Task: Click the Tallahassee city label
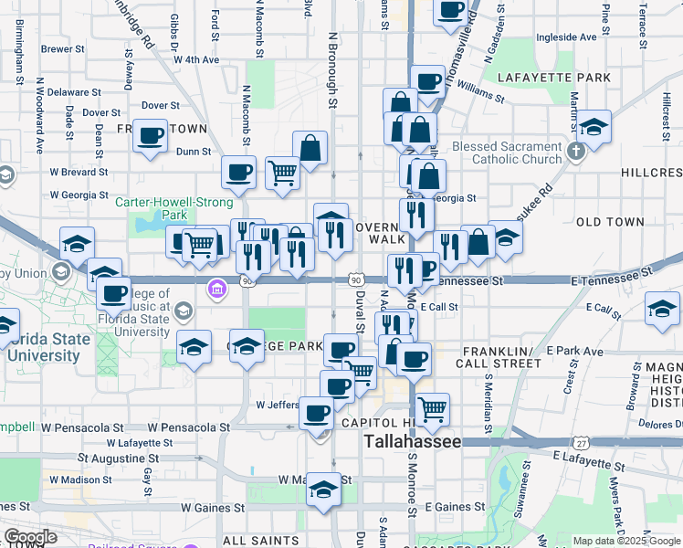click(413, 441)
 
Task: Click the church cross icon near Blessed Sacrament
click(576, 151)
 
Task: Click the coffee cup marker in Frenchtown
click(151, 137)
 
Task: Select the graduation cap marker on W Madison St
click(322, 490)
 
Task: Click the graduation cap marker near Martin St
click(594, 129)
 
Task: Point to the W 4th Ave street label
click(196, 59)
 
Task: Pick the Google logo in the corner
click(30, 537)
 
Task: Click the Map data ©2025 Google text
click(625, 541)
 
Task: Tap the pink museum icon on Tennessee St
click(217, 290)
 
